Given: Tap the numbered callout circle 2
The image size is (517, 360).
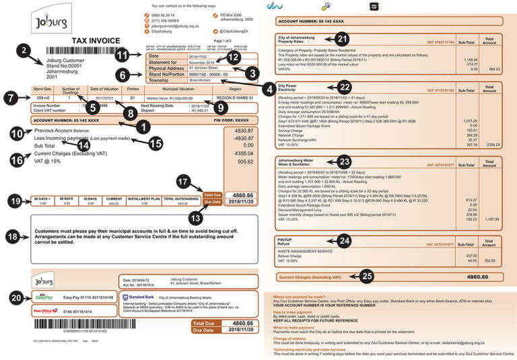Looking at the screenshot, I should coord(24,51).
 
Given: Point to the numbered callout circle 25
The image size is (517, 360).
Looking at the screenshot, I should coord(366,276).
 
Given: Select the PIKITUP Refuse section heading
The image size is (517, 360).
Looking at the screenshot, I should coord(287,242).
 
